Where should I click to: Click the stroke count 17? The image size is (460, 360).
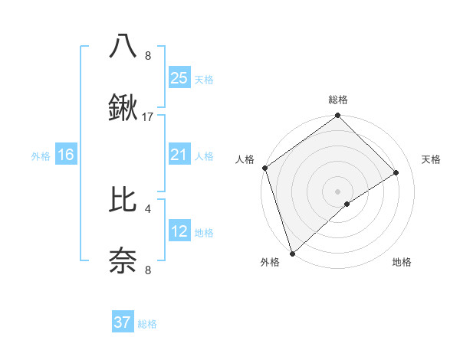[x=148, y=117]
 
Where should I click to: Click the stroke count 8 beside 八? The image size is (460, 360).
[x=148, y=55]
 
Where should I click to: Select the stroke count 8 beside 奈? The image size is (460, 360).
[x=148, y=270]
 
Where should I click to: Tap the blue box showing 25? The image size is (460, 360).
[x=179, y=77]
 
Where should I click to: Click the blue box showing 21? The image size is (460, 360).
[x=179, y=155]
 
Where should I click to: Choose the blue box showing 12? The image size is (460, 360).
[x=179, y=231]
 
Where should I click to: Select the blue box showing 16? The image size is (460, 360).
[x=66, y=155]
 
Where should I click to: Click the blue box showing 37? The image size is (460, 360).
[x=123, y=322]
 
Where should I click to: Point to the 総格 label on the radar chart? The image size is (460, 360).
[x=337, y=100]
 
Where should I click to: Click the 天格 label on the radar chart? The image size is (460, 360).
[x=431, y=159]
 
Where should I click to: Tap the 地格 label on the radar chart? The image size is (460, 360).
[x=402, y=262]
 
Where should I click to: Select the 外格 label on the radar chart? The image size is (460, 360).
[x=270, y=262]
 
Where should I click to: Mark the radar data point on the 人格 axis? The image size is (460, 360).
[x=264, y=168]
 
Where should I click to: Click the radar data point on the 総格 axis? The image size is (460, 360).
[x=337, y=116]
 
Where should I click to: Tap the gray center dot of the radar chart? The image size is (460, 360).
[x=337, y=190]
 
